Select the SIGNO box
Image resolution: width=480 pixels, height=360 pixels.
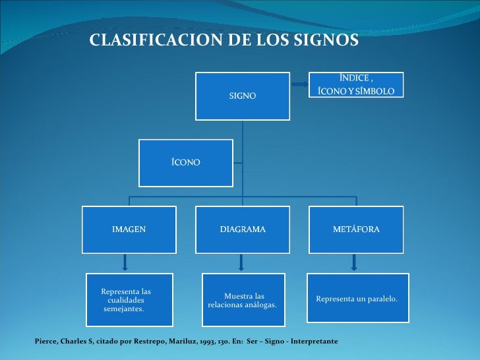tap(243, 96)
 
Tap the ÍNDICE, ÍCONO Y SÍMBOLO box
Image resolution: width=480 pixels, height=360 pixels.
tap(356, 85)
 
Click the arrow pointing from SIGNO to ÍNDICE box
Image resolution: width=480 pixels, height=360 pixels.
tap(299, 84)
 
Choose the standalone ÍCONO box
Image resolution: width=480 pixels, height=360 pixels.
tap(185, 163)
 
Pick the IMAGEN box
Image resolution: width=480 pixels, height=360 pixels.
tap(129, 229)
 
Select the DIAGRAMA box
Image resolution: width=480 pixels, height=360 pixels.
tap(243, 229)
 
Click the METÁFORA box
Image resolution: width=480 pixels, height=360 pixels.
tap(356, 229)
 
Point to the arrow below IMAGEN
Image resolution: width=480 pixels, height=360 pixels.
tap(125, 263)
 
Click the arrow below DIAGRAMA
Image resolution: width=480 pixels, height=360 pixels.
tap(241, 263)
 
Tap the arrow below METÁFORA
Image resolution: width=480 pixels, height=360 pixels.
tap(354, 263)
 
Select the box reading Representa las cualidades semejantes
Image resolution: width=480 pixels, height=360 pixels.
tap(129, 300)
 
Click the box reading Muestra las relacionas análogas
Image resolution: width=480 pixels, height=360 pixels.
tap(243, 301)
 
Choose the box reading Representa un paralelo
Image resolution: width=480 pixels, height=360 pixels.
tap(356, 299)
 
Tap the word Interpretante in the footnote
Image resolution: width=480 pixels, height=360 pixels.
tap(315, 342)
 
